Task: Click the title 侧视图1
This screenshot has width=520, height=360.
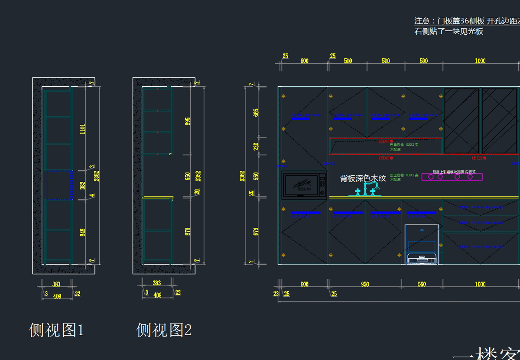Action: (x=56, y=331)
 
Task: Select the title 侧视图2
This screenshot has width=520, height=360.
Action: (x=164, y=331)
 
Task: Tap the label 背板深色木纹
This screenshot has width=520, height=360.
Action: (x=363, y=178)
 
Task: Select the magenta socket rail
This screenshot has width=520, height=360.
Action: (x=452, y=177)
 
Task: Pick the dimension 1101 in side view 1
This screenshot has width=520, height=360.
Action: (x=82, y=129)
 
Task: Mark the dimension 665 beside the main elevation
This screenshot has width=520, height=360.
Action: (x=256, y=113)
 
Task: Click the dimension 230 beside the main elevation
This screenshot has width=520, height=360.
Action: (x=256, y=147)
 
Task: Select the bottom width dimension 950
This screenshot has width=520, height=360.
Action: (x=365, y=285)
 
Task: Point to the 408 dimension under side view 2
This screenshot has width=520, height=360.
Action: (x=157, y=295)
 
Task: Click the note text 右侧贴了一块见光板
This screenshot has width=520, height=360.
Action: (x=448, y=31)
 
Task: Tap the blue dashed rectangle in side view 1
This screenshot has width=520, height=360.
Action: (x=59, y=185)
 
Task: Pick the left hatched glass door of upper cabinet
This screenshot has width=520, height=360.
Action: (x=461, y=121)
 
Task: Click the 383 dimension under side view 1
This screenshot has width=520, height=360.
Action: (x=56, y=284)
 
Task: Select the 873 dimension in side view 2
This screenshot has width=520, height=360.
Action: (x=187, y=232)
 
